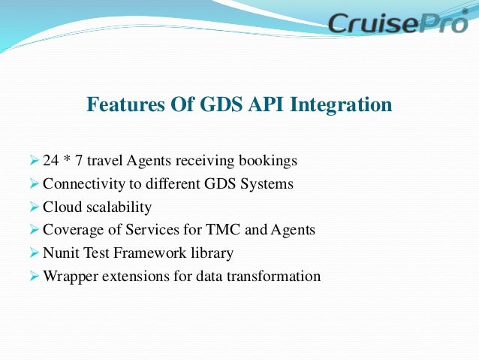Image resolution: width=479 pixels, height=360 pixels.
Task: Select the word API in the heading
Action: (263, 105)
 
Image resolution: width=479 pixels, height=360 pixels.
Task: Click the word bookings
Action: (268, 161)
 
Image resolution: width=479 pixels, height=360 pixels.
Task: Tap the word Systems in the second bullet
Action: (266, 183)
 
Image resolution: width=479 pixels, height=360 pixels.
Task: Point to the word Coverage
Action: (71, 230)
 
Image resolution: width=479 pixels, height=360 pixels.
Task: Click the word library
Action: (212, 253)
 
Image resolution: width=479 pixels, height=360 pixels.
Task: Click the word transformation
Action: (277, 276)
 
